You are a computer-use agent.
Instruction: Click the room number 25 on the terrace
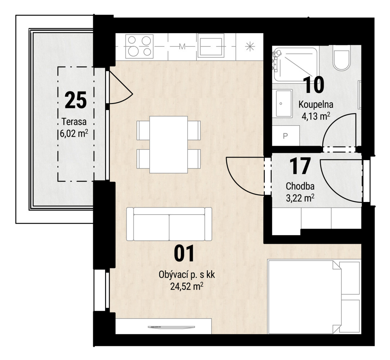pos(76,100)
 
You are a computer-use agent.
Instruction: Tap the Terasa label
pos(74,122)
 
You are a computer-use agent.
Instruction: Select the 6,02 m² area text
pos(74,134)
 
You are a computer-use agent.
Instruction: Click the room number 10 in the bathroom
pos(314,85)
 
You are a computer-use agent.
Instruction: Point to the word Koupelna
pos(316,104)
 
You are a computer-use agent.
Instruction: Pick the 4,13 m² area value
pos(316,116)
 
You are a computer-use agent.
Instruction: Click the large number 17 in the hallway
pos(300,166)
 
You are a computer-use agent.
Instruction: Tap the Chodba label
pos(300,186)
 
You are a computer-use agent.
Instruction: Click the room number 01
pos(184,253)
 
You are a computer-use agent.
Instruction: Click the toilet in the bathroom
pos(342,60)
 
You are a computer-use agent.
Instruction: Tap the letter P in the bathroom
pos(286,136)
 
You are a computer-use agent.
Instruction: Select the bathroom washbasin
pos(284,103)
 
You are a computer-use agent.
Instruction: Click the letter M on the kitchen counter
pos(182,46)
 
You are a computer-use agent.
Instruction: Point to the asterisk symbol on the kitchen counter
pos(250,46)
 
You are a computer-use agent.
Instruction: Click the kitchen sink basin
pos(211,47)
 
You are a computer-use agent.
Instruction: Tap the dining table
pos(169,144)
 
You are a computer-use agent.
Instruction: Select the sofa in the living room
pos(169,224)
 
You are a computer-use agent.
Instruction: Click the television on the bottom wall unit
pos(172,327)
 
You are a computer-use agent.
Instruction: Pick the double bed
pos(314,297)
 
